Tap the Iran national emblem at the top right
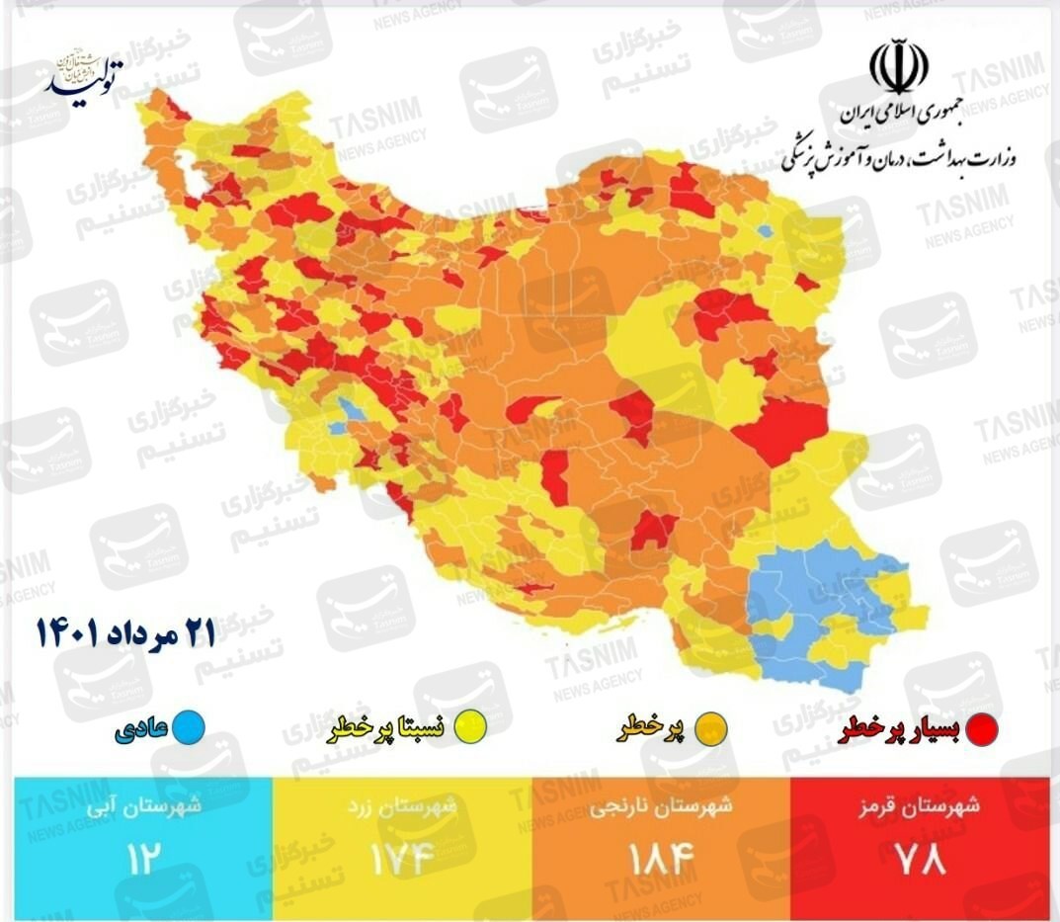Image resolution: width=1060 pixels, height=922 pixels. coord(898,68)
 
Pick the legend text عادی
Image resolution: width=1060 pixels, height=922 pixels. coord(142,730)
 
